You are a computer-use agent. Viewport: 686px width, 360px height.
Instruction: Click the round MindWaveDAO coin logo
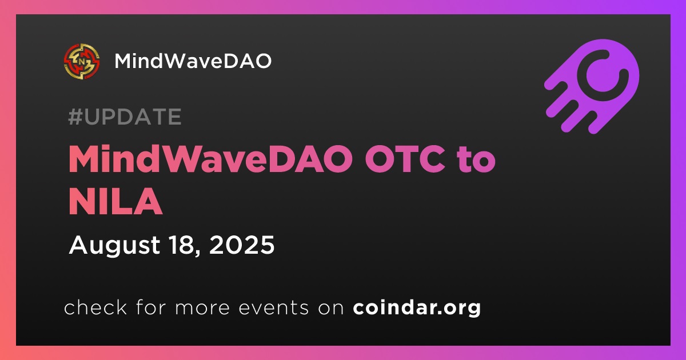82,61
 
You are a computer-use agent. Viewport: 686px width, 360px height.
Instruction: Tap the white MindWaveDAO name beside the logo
193,61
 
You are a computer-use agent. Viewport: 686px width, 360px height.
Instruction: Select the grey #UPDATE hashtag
125,117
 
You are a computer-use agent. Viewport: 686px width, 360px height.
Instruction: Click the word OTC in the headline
405,159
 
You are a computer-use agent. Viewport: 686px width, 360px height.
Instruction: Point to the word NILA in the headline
115,201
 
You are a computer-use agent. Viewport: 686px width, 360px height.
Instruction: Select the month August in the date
114,246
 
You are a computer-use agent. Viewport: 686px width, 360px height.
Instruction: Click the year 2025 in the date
242,245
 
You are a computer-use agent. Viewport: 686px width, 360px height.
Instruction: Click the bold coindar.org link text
417,307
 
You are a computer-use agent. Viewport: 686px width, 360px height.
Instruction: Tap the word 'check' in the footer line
95,307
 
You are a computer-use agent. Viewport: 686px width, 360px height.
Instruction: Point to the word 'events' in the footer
273,307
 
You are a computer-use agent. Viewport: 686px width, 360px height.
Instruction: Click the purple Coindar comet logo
592,86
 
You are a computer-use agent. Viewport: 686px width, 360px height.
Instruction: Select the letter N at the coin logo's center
82,62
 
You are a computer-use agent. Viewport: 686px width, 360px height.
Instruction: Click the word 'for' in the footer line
151,307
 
